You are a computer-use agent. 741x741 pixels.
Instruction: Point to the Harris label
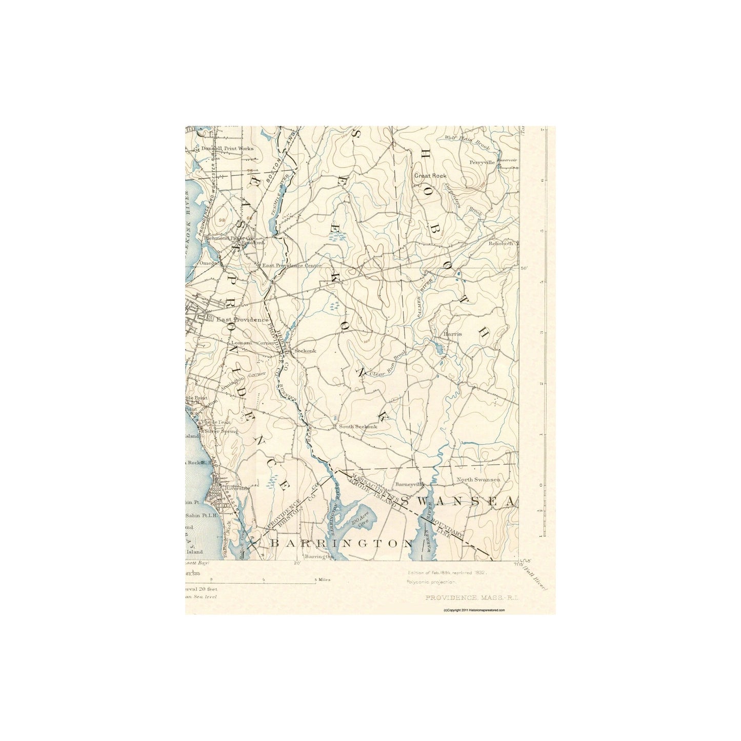[453, 334]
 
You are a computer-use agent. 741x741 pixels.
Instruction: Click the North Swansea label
[478, 480]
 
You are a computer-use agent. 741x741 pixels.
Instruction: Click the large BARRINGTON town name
[341, 543]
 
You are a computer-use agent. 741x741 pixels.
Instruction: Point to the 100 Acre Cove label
[361, 524]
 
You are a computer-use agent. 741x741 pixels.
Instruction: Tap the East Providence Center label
[291, 266]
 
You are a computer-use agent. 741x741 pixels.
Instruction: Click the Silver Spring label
[222, 432]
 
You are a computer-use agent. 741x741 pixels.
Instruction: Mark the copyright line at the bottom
[473, 610]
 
